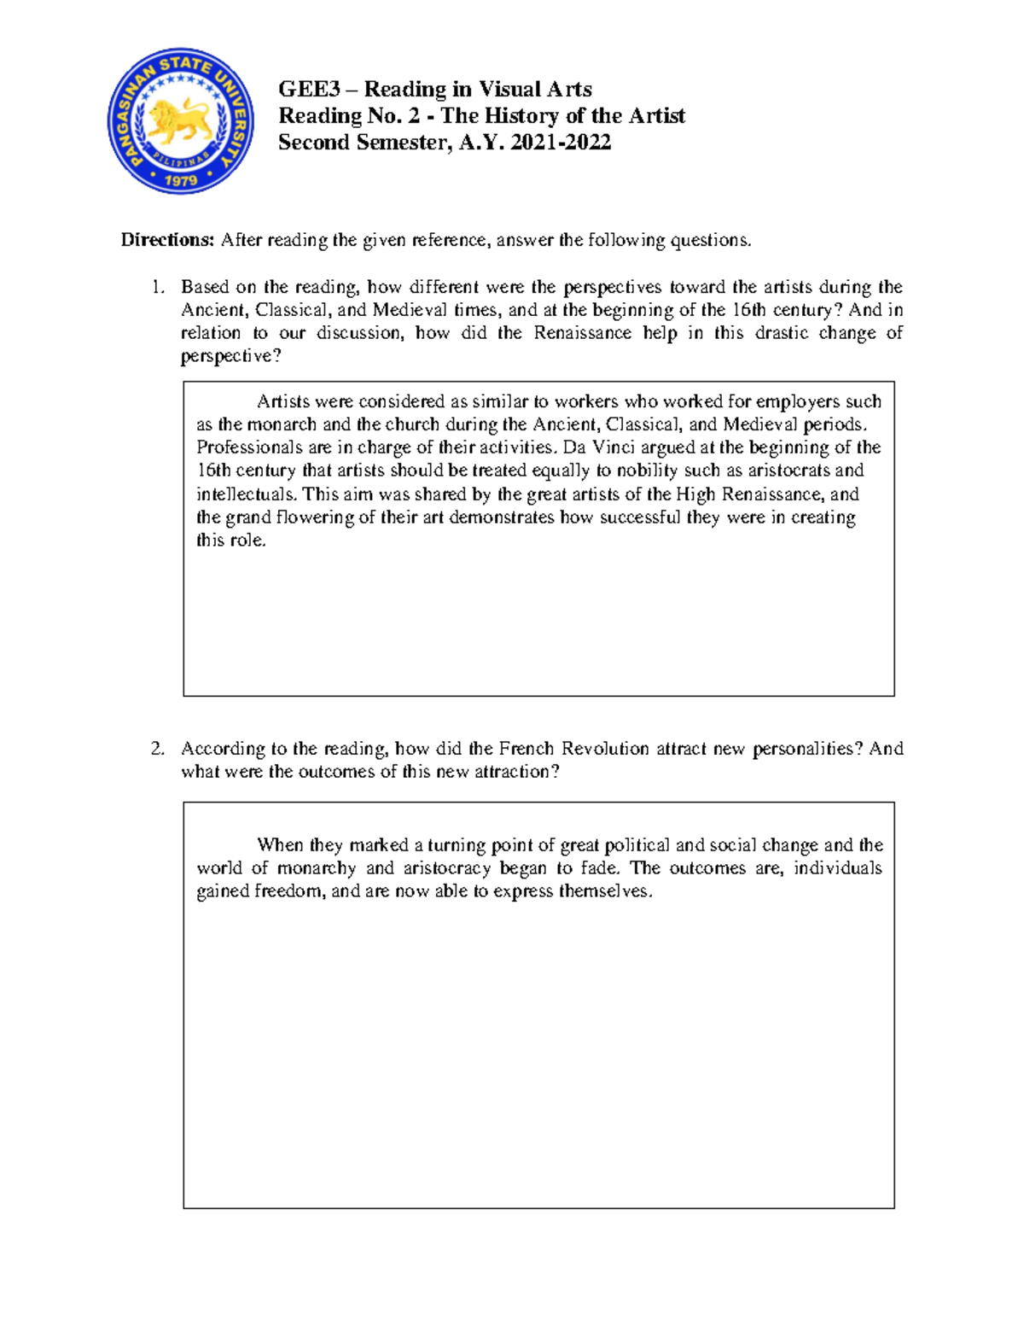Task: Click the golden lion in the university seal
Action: (180, 120)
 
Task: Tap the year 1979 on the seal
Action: (181, 180)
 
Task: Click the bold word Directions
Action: (167, 240)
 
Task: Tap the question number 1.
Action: (156, 287)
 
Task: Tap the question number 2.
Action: (156, 749)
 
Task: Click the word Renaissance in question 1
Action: (582, 333)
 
